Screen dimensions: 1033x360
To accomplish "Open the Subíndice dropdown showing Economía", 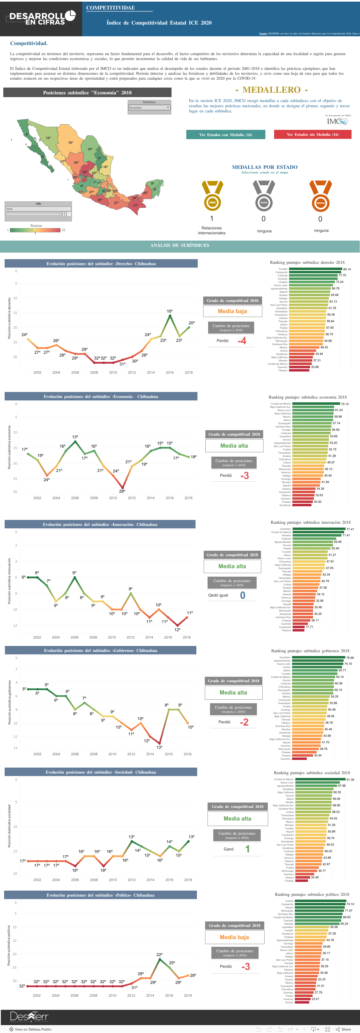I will click(149, 107).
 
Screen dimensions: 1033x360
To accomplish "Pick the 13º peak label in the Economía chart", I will click(75, 437).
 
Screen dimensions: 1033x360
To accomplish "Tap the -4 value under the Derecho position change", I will click(242, 341).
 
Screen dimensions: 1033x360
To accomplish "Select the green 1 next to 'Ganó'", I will click(247, 849).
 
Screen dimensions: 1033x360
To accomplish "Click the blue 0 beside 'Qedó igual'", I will click(242, 595).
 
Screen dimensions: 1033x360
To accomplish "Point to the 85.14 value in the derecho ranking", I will click(347, 270).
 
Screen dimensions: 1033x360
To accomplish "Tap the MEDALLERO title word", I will click(271, 90).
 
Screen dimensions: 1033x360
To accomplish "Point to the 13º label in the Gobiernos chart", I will click(159, 747).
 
